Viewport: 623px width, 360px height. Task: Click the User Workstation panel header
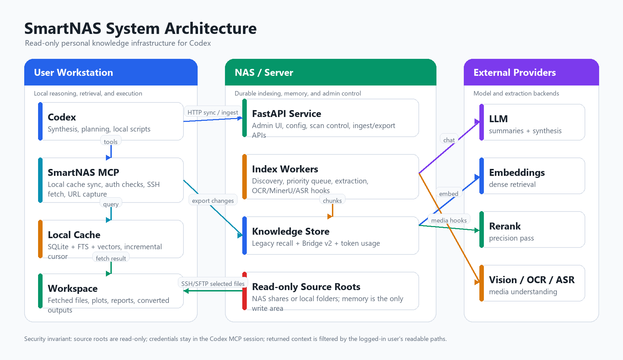pos(73,72)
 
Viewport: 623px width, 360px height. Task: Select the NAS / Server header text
pos(264,72)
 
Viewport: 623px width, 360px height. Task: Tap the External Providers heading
pos(515,72)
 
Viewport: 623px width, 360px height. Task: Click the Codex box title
pos(62,117)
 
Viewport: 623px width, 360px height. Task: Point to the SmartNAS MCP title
pos(83,172)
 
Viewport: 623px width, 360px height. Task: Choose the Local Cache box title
pos(74,235)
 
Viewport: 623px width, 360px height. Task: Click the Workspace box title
pos(73,288)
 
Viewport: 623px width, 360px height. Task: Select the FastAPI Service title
pos(287,114)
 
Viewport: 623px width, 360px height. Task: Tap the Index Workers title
pos(285,169)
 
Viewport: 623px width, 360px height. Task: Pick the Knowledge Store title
pos(291,231)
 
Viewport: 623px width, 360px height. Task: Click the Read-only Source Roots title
pos(306,287)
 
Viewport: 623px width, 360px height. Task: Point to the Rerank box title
pos(505,226)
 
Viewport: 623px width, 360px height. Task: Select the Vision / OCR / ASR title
pos(532,280)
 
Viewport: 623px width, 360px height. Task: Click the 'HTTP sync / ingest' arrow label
pos(213,112)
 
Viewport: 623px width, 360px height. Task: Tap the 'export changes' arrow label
pos(213,200)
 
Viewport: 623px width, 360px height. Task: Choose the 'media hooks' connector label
pos(449,220)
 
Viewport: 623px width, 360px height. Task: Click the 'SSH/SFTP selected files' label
pos(213,283)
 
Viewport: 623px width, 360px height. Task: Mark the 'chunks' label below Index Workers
pos(332,200)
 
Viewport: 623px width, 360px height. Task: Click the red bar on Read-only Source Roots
pos(245,291)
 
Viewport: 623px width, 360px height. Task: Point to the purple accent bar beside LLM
pos(482,122)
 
